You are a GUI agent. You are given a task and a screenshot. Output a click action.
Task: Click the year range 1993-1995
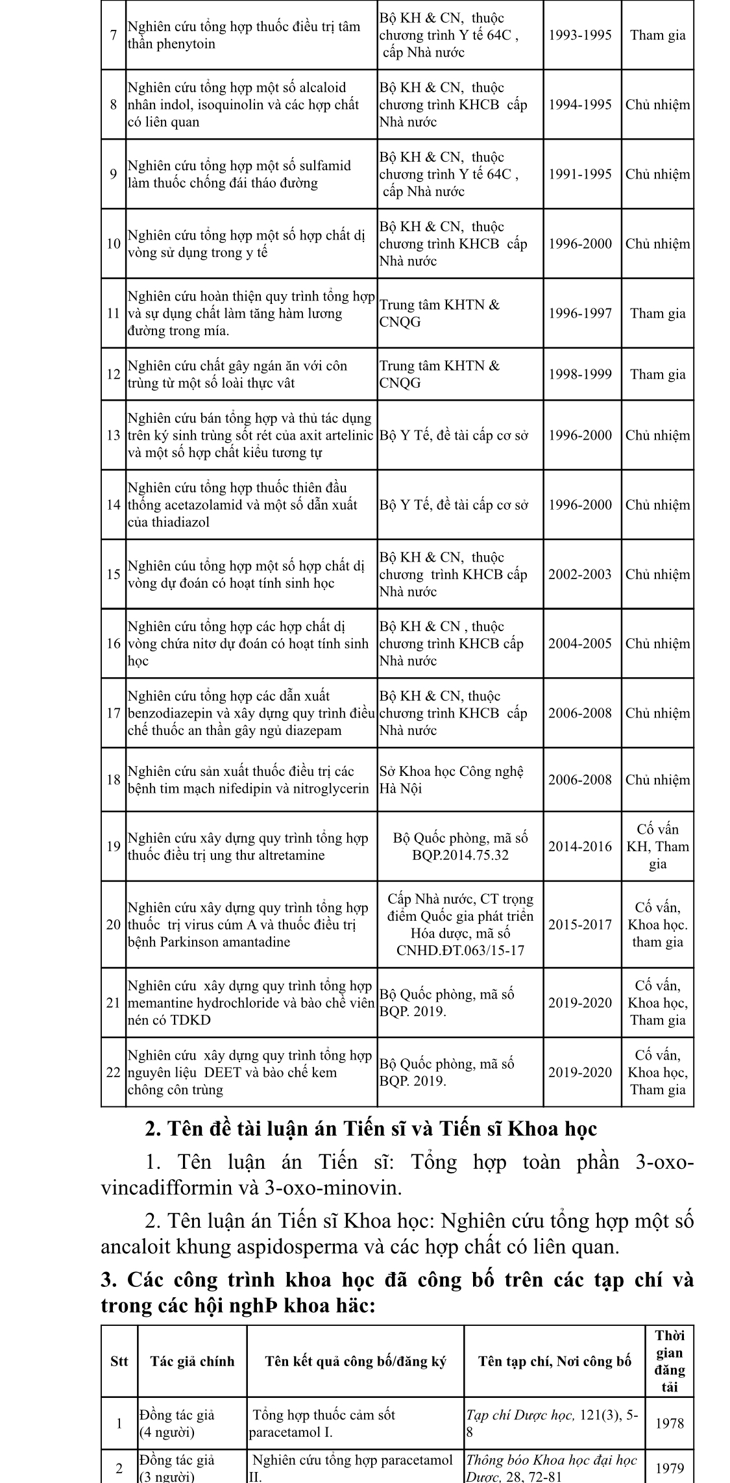[x=580, y=35]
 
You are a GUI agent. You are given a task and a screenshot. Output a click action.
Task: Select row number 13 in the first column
[x=114, y=436]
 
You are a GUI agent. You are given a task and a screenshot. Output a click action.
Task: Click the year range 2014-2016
[x=580, y=846]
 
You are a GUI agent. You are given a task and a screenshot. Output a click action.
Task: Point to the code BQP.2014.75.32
[x=460, y=855]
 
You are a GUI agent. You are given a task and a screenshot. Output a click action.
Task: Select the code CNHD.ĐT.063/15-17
[x=460, y=951]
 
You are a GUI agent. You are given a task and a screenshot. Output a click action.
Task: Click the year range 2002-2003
[x=580, y=575]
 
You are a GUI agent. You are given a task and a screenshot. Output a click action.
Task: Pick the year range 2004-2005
[x=580, y=643]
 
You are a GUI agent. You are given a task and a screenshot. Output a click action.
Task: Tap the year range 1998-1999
[x=580, y=374]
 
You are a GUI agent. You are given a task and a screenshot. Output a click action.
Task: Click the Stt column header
[x=119, y=1362]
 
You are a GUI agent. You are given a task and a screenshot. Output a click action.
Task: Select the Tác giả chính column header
[x=192, y=1362]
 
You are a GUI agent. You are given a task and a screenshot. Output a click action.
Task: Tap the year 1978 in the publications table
[x=670, y=1423]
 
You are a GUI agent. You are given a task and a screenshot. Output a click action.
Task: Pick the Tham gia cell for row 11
[x=657, y=314]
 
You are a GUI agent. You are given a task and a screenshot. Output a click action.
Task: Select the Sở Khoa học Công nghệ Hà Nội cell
[x=452, y=780]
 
